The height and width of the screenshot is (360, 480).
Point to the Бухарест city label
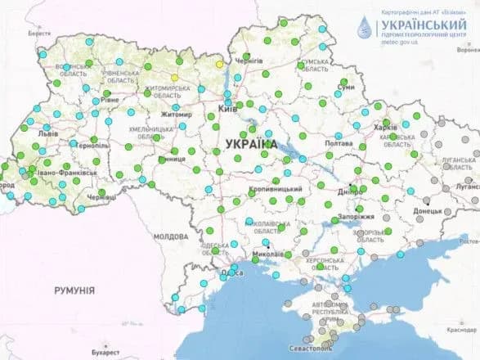click(105, 353)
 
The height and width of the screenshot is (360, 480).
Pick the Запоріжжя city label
click(354, 217)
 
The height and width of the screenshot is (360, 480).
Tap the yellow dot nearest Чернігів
click(219, 64)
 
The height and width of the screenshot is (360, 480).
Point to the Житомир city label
click(176, 115)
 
